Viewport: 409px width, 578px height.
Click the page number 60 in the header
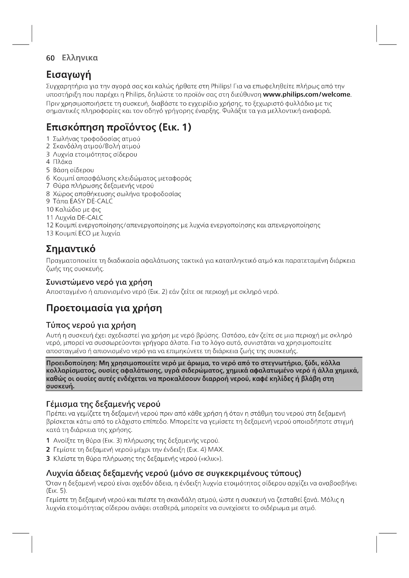click(x=50, y=58)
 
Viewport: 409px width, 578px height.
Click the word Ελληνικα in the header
click(x=80, y=58)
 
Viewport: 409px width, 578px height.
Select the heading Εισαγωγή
click(x=68, y=75)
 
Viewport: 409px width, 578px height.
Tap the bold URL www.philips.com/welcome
click(x=306, y=95)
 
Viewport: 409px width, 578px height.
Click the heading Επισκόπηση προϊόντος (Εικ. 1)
click(x=119, y=127)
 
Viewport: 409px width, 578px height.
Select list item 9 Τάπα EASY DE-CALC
click(x=79, y=201)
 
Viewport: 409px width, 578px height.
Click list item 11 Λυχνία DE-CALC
click(x=74, y=217)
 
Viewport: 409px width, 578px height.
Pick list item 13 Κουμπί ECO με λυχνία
click(x=83, y=233)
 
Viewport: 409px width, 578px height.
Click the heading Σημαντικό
click(x=71, y=249)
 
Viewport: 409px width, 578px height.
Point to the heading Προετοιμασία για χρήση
click(x=104, y=308)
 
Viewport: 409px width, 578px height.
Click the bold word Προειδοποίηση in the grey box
click(x=71, y=363)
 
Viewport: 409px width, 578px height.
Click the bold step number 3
click(x=48, y=458)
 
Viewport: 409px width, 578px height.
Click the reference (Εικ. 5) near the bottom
click(x=57, y=491)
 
